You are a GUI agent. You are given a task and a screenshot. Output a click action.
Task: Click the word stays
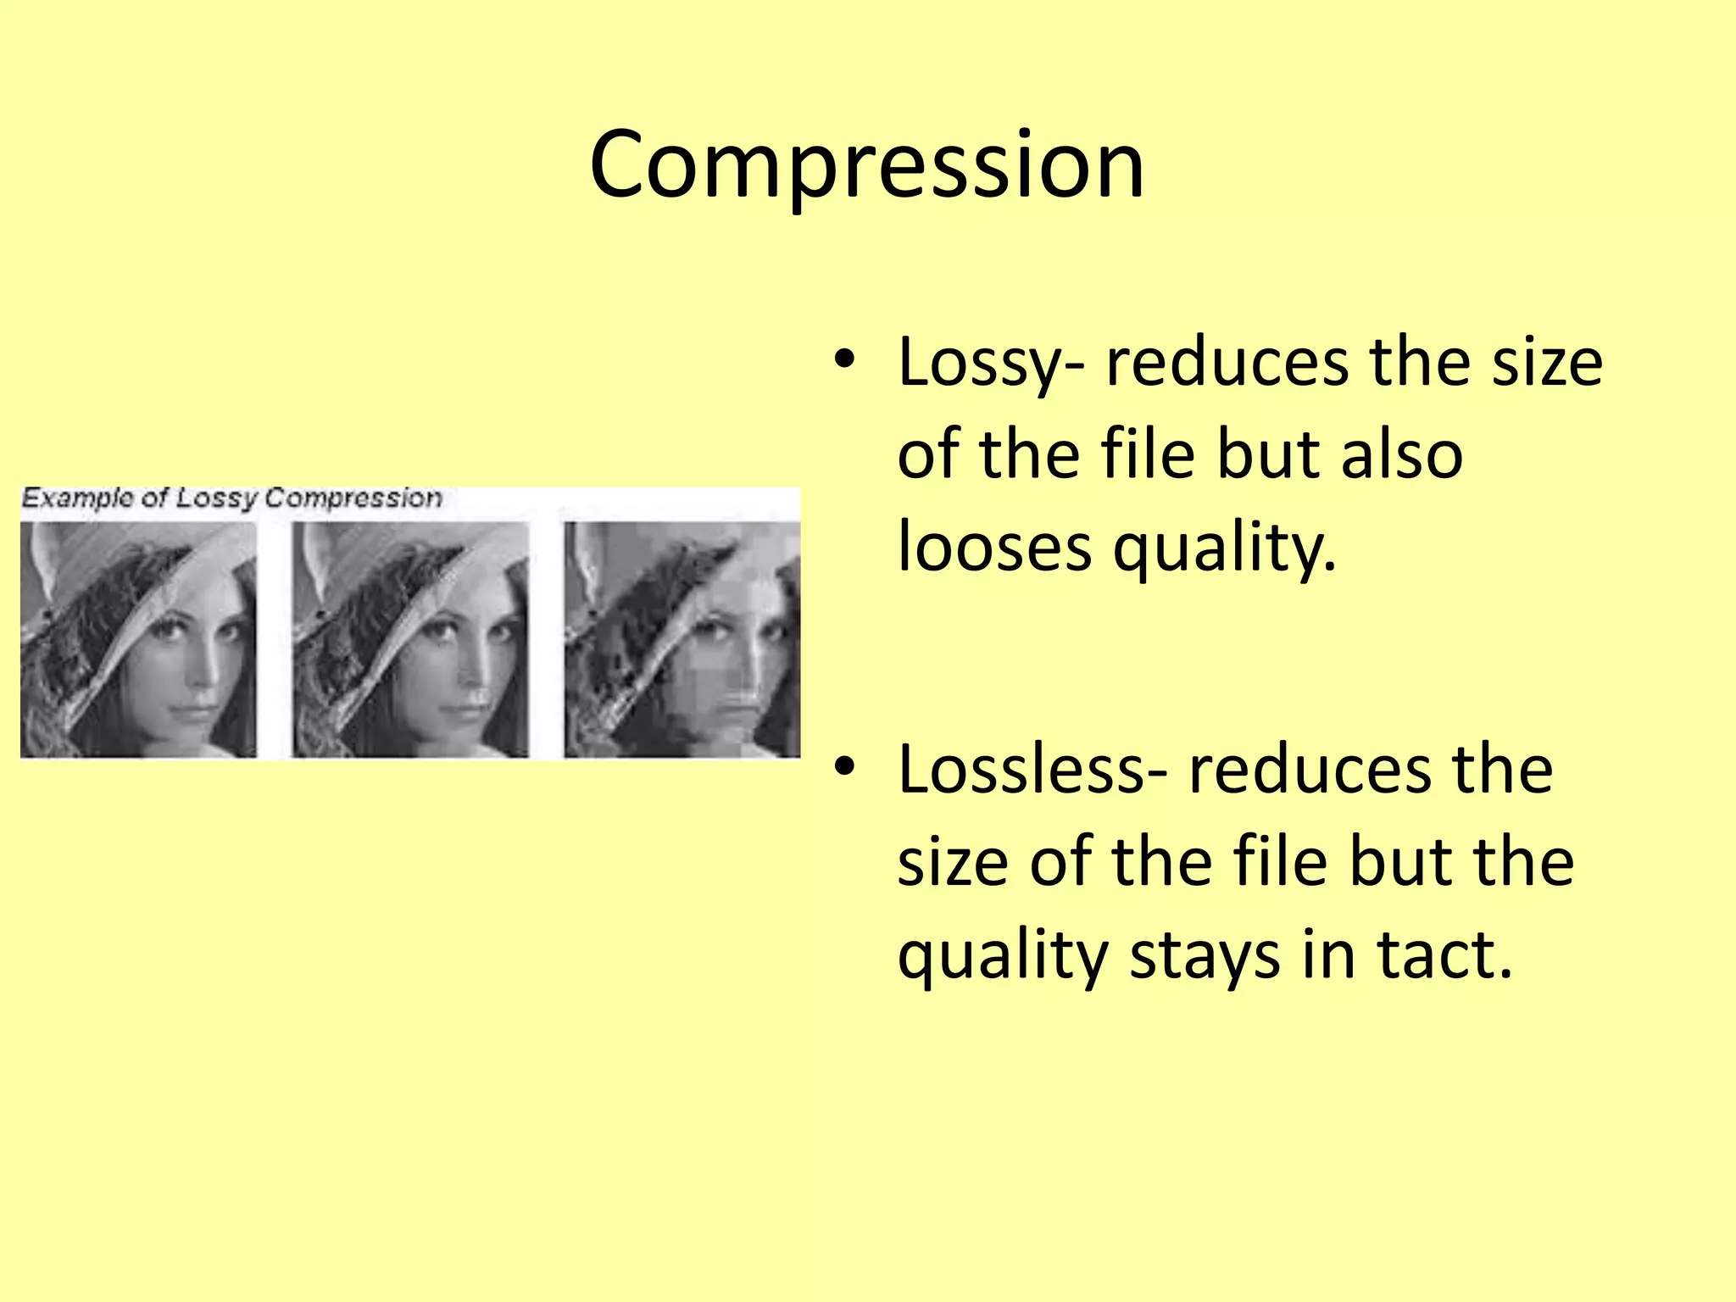pyautogui.click(x=1205, y=955)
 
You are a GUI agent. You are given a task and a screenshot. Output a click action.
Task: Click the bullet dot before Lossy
pyautogui.click(x=843, y=360)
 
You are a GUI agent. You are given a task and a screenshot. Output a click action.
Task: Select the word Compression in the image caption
pyautogui.click(x=353, y=498)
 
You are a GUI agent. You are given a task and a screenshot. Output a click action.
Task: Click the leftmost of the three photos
pyautogui.click(x=138, y=640)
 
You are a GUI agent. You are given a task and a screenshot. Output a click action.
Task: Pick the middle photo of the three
pyautogui.click(x=410, y=640)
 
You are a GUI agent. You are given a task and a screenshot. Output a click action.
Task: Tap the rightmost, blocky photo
pyautogui.click(x=682, y=640)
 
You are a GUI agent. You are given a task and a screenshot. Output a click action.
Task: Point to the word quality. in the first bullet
pyautogui.click(x=1224, y=548)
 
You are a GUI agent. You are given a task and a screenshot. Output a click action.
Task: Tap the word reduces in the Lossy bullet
pyautogui.click(x=1227, y=363)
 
